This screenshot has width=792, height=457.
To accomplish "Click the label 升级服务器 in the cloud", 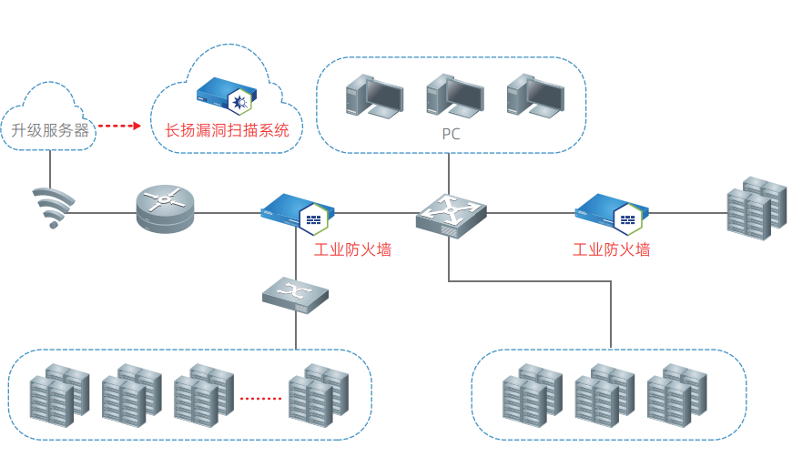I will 50,130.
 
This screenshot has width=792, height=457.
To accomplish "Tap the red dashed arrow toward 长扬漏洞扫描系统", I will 119,126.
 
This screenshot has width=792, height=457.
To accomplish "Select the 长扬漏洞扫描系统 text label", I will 227,130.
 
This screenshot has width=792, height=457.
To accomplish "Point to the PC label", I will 451,135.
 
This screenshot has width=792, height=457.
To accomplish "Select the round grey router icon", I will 166,208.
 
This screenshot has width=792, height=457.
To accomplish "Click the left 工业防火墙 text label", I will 352,249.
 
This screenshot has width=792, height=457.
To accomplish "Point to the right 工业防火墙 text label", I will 611,249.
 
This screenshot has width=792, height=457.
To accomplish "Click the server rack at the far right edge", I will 756,208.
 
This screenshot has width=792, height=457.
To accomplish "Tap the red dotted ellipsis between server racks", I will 261,398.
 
